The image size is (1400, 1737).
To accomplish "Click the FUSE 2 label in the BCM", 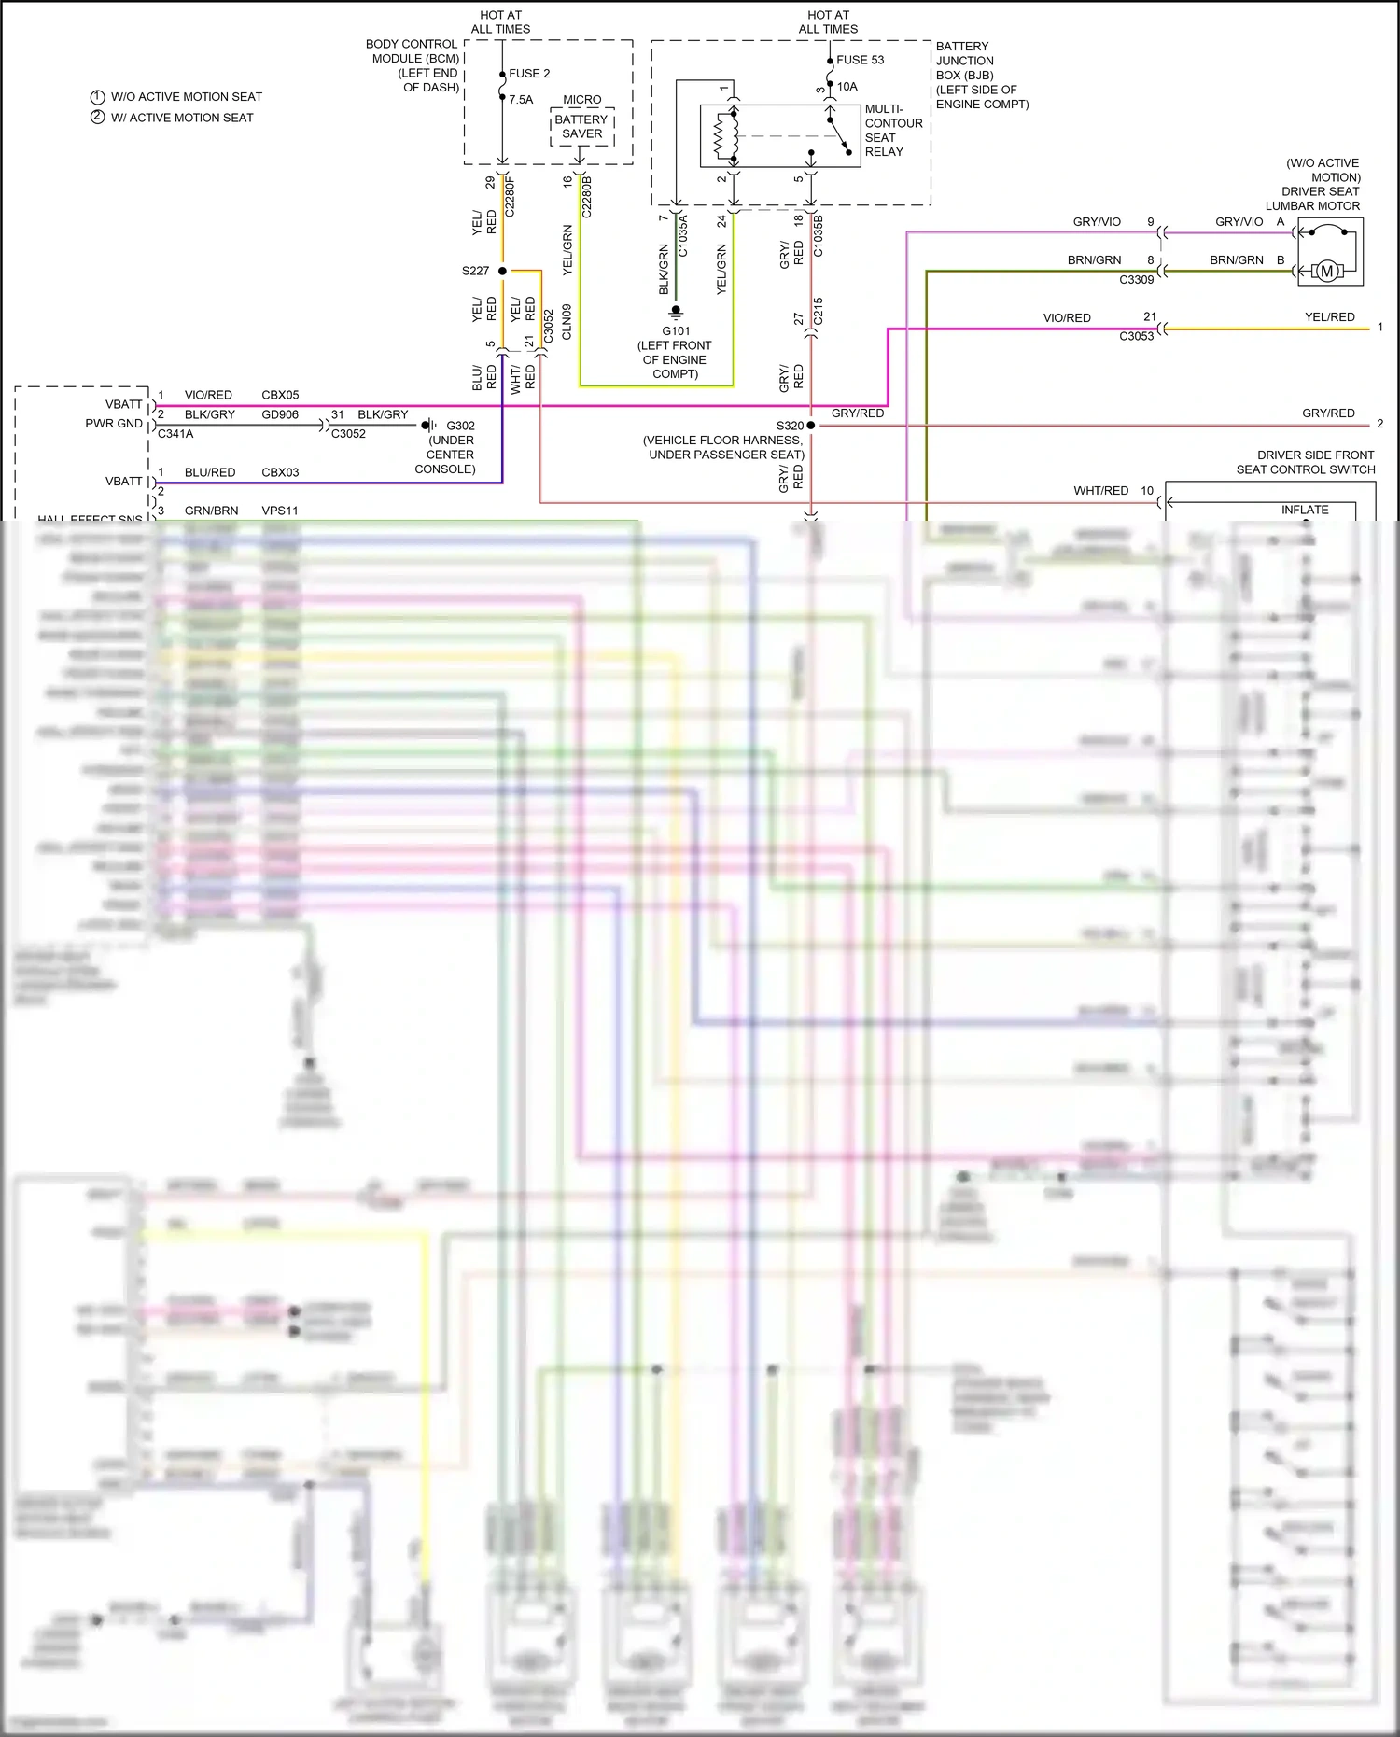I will pos(528,74).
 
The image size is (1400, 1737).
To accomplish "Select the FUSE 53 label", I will pos(860,60).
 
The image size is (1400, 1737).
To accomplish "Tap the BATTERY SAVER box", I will pos(581,127).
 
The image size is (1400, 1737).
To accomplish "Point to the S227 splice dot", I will pos(502,271).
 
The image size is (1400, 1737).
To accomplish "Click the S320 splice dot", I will pos(810,426).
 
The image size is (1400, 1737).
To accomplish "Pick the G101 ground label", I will pos(676,331).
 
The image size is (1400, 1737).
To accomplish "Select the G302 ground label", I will pos(460,426).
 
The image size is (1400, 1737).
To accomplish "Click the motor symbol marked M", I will pos(1326,272).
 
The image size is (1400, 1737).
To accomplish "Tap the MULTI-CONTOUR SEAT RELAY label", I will pos(893,131).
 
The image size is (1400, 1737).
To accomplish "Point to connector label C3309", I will pos(1136,280).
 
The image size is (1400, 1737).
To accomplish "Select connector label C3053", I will pos(1136,336).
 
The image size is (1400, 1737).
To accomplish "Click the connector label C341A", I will pos(175,434).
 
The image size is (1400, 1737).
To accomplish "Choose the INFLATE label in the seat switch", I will pos(1304,510).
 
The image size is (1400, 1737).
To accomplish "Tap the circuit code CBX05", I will pos(280,395).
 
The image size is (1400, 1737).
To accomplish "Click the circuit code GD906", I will pos(280,414).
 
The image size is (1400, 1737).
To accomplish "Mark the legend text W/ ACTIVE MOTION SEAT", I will pos(182,118).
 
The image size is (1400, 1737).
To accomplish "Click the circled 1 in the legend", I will pos(97,97).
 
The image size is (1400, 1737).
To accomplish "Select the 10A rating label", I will pos(847,87).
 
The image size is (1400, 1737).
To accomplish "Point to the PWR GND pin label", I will pos(114,424).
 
